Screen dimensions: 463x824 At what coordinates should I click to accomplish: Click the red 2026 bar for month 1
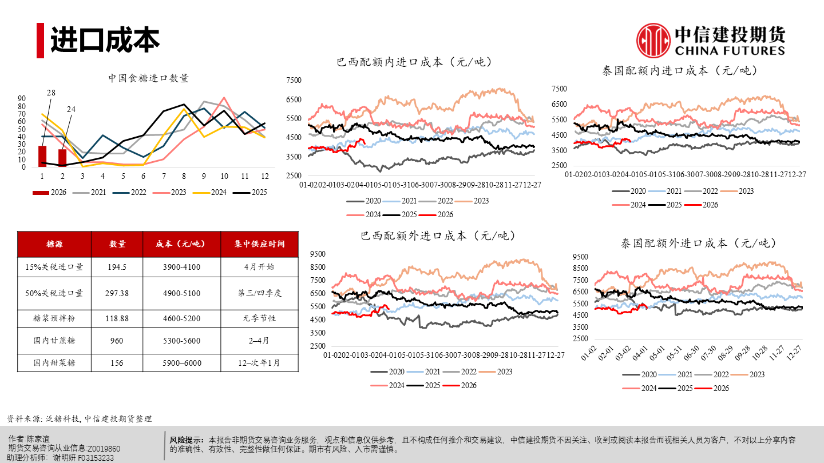(42, 157)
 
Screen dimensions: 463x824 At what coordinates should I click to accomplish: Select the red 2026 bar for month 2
(62, 158)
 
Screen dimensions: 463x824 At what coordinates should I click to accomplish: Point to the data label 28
(51, 93)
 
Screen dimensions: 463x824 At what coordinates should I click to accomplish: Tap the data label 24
(71, 109)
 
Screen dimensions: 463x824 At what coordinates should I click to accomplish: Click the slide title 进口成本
(105, 40)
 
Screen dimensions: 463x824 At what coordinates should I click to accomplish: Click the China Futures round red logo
(653, 40)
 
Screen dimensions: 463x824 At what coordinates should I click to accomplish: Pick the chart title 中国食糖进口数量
(149, 78)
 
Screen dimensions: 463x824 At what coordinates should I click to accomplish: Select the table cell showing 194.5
(117, 266)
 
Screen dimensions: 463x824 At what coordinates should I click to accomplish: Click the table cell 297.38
(117, 293)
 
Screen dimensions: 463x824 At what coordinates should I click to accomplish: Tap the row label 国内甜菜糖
(54, 362)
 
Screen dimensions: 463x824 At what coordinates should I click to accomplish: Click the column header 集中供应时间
(259, 244)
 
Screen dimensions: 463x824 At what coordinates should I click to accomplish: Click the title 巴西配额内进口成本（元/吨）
(415, 62)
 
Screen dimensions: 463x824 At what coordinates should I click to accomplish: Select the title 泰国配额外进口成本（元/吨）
(698, 243)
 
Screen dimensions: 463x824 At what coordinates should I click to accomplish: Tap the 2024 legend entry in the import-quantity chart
(215, 193)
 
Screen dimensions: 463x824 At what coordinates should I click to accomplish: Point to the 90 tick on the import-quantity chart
(22, 98)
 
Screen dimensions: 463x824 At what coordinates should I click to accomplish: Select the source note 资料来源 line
(80, 419)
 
